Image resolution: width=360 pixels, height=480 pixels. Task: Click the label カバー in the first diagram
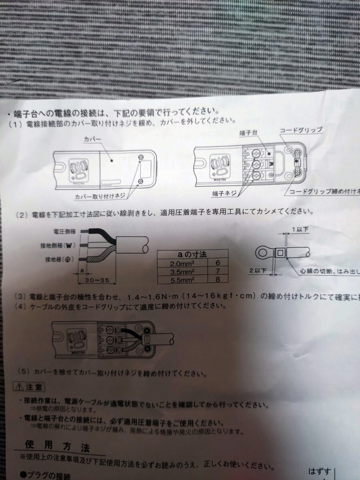pos(93,139)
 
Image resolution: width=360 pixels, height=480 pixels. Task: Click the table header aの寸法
pos(193,254)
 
